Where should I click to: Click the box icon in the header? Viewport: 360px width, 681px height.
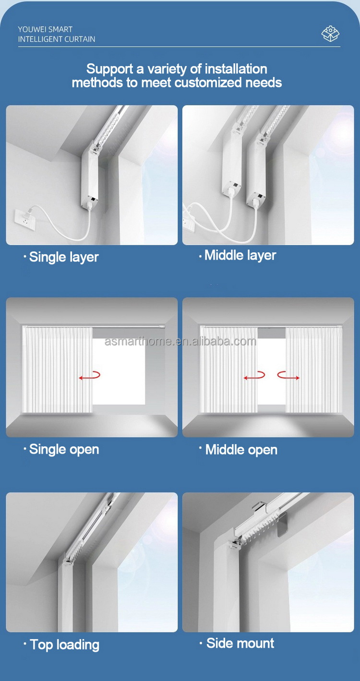(330, 34)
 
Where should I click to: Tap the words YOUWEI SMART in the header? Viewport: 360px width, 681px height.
(45, 29)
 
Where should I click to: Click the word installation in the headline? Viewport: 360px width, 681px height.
(236, 69)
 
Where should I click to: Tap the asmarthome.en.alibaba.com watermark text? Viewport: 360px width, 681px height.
(180, 341)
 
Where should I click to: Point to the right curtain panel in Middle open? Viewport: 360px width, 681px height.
(314, 370)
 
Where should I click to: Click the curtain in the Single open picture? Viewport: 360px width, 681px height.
(58, 370)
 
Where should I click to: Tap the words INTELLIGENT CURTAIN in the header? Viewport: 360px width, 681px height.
(57, 39)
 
